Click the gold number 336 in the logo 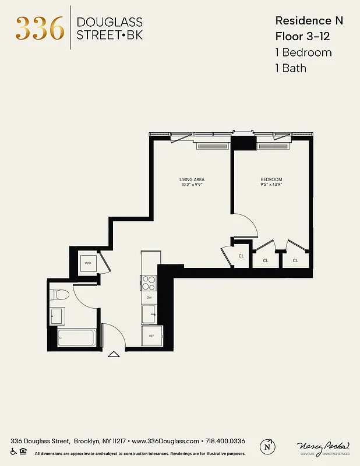pyautogui.click(x=40, y=27)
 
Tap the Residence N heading pyautogui.click(x=309, y=20)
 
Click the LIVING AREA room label pyautogui.click(x=191, y=179)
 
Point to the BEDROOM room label pyautogui.click(x=271, y=179)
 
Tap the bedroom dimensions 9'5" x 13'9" pyautogui.click(x=271, y=185)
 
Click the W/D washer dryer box pyautogui.click(x=89, y=263)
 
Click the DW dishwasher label pyautogui.click(x=149, y=298)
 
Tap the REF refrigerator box pyautogui.click(x=151, y=336)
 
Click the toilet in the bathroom pyautogui.click(x=59, y=295)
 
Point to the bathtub pyautogui.click(x=76, y=337)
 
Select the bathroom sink pyautogui.click(x=57, y=316)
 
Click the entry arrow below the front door pyautogui.click(x=114, y=354)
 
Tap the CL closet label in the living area pyautogui.click(x=241, y=256)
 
